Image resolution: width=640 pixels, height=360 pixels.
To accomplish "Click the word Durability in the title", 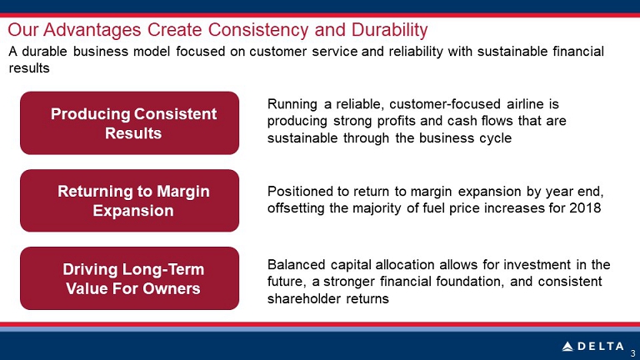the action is [x=389, y=30].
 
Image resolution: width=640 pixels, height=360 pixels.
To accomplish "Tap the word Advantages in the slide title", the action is [x=92, y=30].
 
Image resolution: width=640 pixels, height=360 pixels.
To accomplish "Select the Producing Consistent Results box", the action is [x=129, y=122].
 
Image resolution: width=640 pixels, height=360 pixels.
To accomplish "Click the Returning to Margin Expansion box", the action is [x=129, y=200].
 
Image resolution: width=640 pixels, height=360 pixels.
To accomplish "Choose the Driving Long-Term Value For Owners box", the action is [x=129, y=278].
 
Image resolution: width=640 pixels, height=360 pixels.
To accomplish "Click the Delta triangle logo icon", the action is [x=567, y=347].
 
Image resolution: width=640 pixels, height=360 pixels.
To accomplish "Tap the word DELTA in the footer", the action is [x=601, y=347].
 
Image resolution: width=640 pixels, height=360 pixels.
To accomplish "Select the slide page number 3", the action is [x=633, y=353].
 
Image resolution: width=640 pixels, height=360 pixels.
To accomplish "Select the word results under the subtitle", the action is [x=29, y=68].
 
